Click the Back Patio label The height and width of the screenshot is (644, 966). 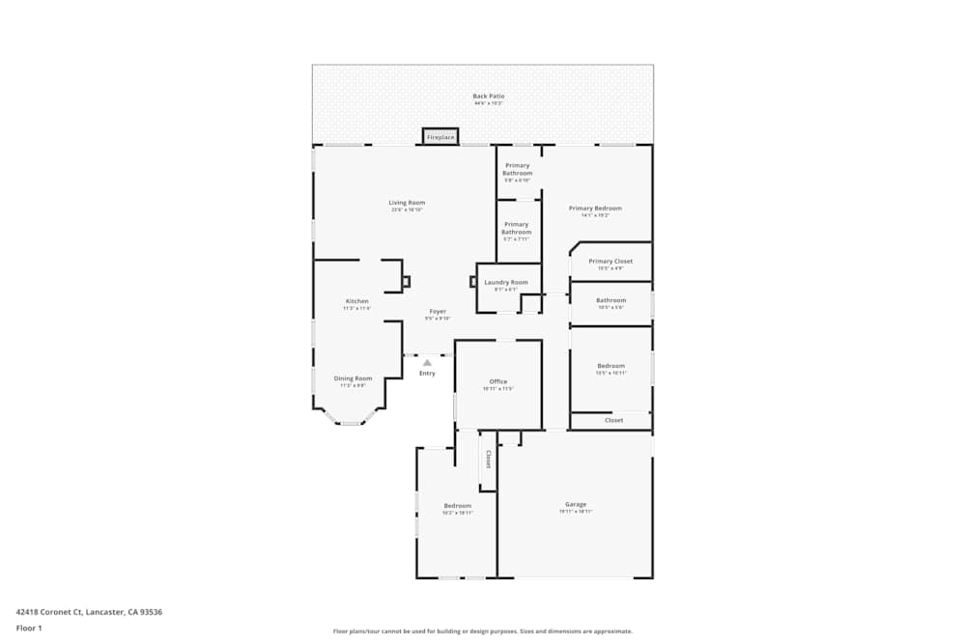(x=488, y=97)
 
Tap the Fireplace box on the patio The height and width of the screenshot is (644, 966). (x=440, y=137)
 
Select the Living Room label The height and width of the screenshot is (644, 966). (x=407, y=203)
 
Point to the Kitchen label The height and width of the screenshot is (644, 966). (x=356, y=301)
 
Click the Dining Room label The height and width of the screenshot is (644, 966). (x=353, y=378)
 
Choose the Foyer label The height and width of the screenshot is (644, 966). (x=438, y=312)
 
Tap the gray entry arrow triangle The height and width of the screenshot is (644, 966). (x=427, y=363)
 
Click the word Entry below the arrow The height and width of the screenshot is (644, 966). (x=427, y=374)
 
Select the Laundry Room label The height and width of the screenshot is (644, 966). (x=506, y=282)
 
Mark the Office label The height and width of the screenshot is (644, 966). (x=497, y=381)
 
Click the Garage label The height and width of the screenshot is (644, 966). (x=576, y=504)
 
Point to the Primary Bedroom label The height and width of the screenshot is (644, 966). (x=595, y=209)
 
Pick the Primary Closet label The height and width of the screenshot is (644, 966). (x=611, y=261)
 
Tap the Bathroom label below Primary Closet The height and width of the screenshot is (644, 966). (x=611, y=300)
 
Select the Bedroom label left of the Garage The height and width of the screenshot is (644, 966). (x=457, y=506)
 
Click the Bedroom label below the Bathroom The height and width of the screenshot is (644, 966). (x=611, y=366)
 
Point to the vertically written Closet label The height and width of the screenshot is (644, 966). (x=488, y=459)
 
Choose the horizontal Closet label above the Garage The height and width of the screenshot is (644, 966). (x=613, y=420)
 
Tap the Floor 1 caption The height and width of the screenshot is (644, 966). (x=29, y=628)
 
